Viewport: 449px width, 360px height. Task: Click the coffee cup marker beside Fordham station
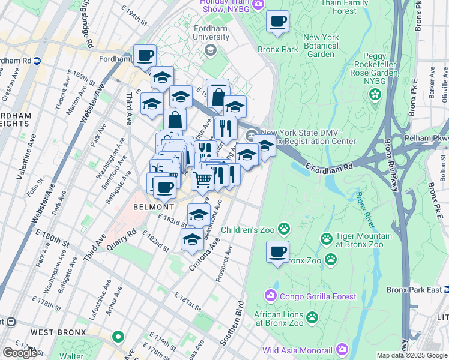145,56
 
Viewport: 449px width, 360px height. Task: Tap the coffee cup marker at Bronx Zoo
277,252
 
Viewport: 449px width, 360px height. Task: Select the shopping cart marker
203,178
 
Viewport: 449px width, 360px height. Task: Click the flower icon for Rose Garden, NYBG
375,94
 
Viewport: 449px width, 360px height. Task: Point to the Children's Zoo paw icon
283,229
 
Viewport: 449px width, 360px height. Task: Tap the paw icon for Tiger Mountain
327,239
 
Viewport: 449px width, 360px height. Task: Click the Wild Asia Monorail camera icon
342,349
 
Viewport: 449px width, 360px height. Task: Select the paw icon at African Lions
312,316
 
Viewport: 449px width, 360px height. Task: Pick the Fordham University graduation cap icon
211,50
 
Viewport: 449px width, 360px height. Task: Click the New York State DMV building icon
251,133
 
